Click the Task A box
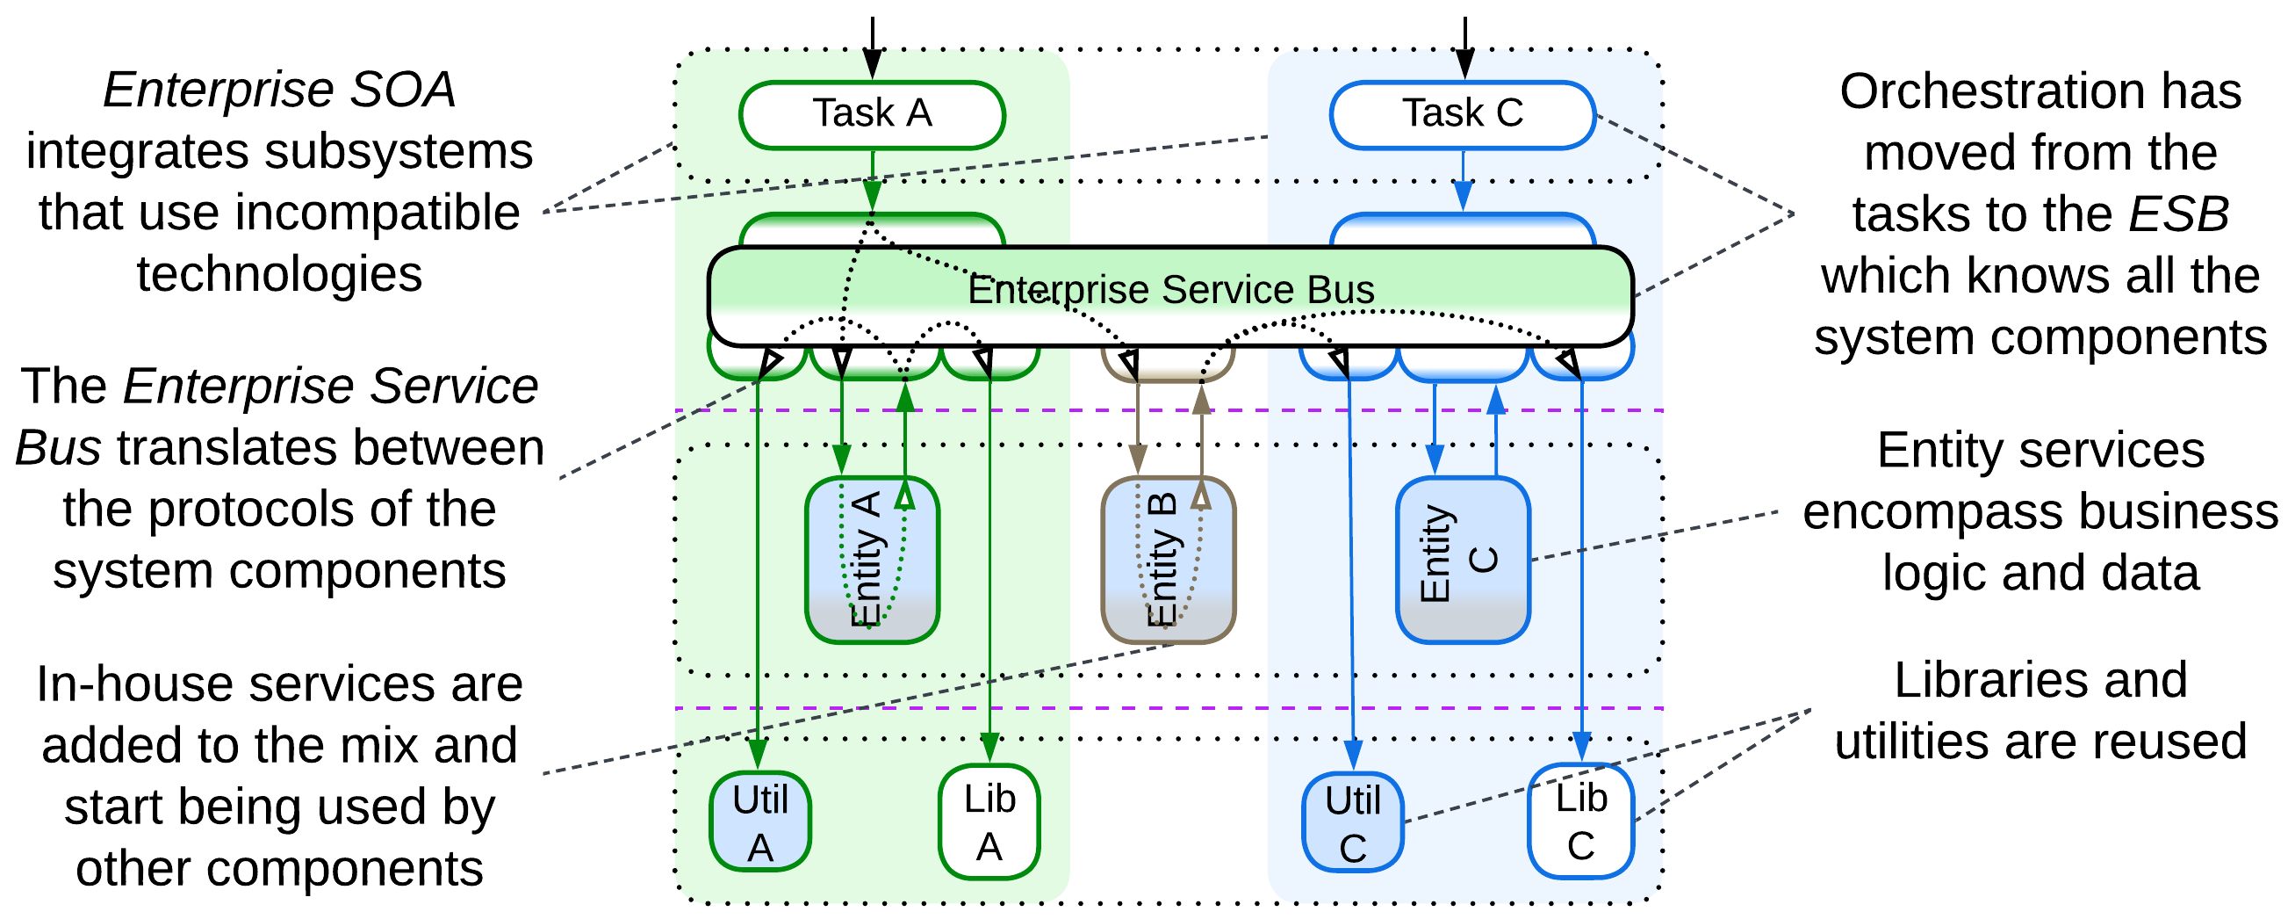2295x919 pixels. click(x=871, y=114)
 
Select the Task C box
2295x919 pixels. click(x=1462, y=114)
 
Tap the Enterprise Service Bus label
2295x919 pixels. click(x=1169, y=290)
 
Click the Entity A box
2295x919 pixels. click(x=871, y=559)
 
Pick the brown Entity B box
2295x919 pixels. click(x=1168, y=559)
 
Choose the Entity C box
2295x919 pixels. click(x=1462, y=559)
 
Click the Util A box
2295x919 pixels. click(x=760, y=821)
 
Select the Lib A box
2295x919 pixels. click(x=989, y=821)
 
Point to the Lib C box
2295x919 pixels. click(x=1580, y=820)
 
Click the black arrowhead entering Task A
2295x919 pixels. click(x=872, y=64)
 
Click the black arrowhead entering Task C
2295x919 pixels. click(x=1464, y=64)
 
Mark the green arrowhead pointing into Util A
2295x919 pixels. click(x=758, y=754)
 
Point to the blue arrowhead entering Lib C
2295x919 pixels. click(x=1581, y=747)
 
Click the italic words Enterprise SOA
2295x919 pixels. click(x=279, y=90)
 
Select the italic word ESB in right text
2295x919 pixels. click(x=2177, y=213)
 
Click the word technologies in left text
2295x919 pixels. click(x=279, y=273)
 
